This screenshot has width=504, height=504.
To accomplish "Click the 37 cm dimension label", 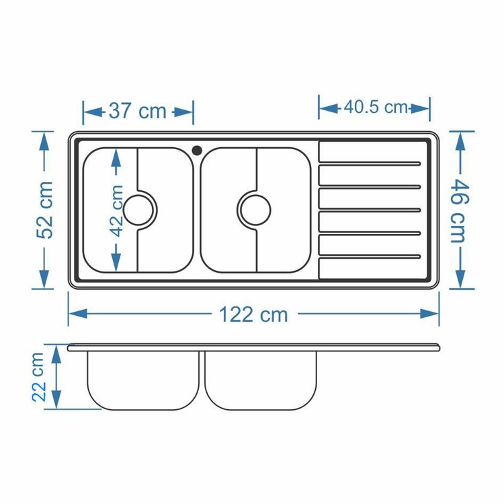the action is (138, 111).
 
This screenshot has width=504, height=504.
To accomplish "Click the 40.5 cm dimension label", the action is (376, 107).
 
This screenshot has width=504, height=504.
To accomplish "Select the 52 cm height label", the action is (45, 210).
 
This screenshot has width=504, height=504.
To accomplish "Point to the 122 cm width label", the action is (253, 314).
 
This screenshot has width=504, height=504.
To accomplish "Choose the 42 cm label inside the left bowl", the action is (117, 210).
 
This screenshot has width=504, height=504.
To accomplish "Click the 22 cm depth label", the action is (39, 377).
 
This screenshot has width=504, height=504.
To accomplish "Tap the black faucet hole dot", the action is (197, 150).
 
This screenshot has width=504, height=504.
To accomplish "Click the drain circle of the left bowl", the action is (138, 210).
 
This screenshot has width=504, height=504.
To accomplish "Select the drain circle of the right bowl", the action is (255, 210).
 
